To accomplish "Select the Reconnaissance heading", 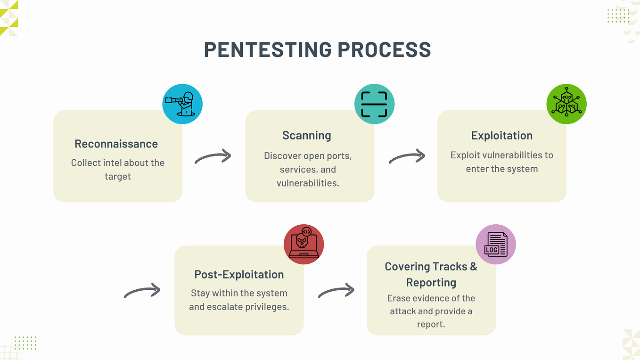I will coord(116,144).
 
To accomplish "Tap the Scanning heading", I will coord(307,136).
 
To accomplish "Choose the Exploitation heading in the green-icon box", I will coord(502,136).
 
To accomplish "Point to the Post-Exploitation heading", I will coord(239,275).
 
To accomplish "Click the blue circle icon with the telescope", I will coord(182,104).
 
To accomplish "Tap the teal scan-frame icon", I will coord(374,104).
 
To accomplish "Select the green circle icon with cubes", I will coord(566,104).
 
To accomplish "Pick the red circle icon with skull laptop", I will coord(304,245).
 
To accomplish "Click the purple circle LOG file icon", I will coord(496,245).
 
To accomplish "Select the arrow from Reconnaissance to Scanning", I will coord(213,157).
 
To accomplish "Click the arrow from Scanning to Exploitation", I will coord(407,157).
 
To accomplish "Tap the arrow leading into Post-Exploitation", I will coord(142,291).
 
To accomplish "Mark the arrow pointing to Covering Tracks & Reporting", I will coord(336,291).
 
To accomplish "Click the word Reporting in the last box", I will coord(431,283).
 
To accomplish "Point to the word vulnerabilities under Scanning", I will coord(307,183).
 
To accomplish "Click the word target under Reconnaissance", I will coord(118,177).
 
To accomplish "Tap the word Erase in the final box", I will coord(399,298).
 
